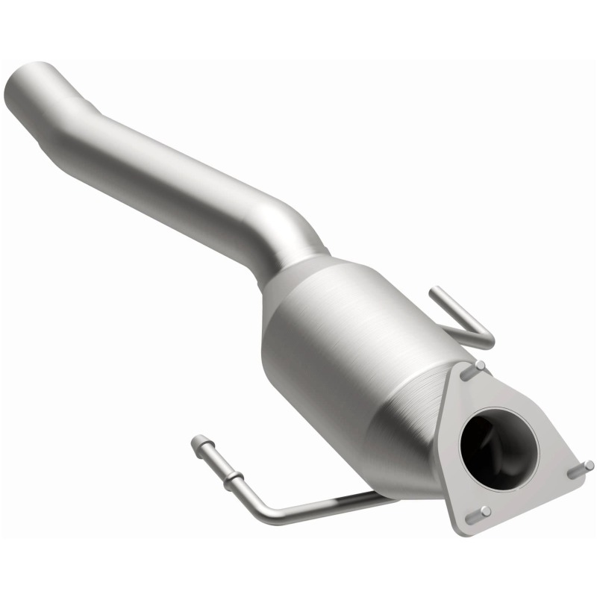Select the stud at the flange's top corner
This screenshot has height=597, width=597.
[480, 366]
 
